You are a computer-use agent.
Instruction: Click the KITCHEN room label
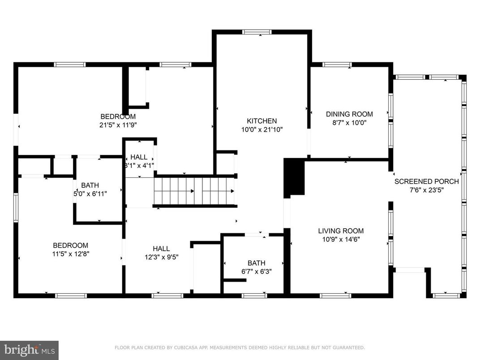262,121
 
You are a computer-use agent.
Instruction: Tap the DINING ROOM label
349,114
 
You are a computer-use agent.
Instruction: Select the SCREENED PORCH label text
426,181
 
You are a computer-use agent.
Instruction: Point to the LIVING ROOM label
341,231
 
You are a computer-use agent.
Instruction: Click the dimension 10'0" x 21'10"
262,129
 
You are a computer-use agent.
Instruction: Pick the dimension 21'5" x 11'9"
118,125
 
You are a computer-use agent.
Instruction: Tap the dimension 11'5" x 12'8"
70,253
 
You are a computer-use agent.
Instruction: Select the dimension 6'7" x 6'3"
256,271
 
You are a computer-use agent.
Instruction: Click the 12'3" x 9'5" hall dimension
161,257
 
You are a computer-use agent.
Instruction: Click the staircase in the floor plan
195,191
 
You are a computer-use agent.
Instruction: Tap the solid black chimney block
294,178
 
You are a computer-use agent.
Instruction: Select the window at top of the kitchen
257,32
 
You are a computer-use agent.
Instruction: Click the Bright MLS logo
29,350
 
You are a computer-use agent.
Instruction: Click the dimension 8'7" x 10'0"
349,123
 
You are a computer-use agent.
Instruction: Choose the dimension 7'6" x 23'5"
426,190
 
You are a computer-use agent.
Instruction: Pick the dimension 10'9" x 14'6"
341,239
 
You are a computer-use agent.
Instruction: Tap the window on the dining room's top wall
337,64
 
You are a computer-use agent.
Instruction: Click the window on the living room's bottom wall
335,296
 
